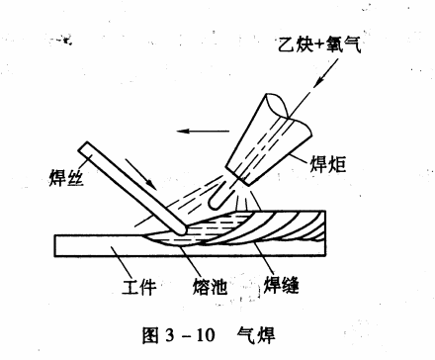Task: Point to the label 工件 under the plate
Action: click(x=139, y=288)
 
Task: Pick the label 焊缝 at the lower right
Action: click(x=281, y=286)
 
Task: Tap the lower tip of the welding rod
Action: click(x=178, y=231)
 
